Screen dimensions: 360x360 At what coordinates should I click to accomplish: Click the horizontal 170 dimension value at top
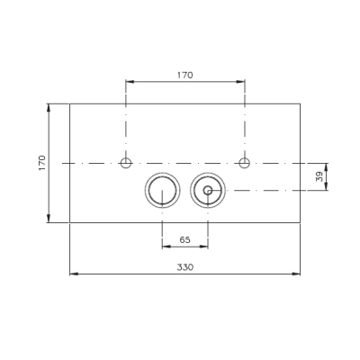[x=184, y=75]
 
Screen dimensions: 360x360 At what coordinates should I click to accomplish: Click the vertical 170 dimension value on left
[x=42, y=163]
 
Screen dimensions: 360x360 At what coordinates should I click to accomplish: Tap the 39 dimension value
[x=319, y=176]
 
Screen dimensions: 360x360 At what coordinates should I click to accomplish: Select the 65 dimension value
[x=184, y=239]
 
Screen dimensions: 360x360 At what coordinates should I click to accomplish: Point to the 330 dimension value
[x=185, y=267]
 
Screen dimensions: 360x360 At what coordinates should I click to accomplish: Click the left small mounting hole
[x=126, y=163]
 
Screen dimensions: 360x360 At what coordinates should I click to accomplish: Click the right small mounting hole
[x=245, y=163]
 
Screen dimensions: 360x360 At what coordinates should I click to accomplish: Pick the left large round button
[x=163, y=190]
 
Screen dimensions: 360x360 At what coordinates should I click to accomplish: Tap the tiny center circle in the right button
[x=208, y=190]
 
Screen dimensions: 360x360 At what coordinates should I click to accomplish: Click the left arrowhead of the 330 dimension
[x=74, y=274]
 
